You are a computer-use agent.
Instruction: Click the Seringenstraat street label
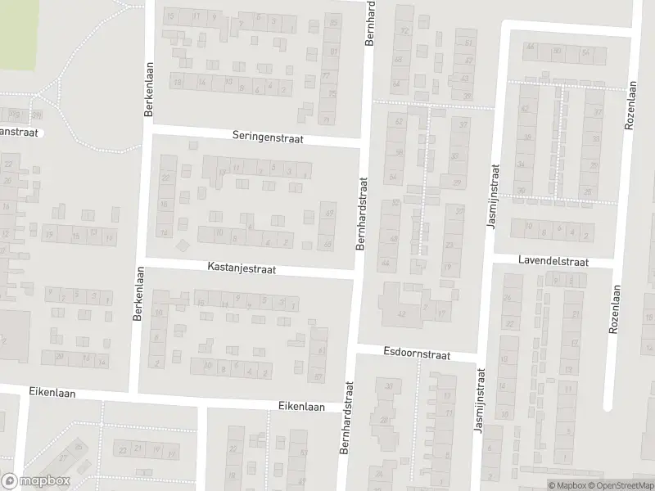pos(267,139)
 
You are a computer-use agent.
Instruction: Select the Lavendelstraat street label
pos(553,260)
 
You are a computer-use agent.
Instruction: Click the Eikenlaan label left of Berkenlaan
pos(52,393)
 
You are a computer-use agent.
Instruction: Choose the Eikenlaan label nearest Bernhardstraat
pos(301,406)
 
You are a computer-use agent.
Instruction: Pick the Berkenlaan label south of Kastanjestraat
pos(138,295)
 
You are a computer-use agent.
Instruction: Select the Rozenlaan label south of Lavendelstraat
pos(613,307)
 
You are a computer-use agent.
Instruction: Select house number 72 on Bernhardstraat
pos(404,31)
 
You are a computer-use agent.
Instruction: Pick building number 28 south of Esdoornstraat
pos(383,420)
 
